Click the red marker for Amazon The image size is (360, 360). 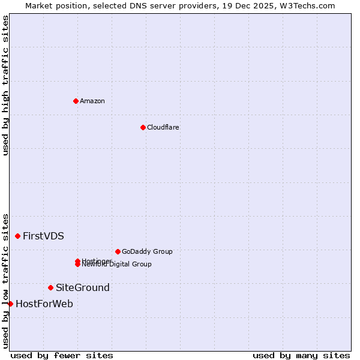(76, 101)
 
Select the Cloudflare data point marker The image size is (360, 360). (143, 127)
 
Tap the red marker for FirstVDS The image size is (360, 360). (18, 236)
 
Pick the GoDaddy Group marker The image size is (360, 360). (118, 251)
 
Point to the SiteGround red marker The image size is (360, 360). (50, 287)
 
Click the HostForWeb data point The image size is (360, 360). (10, 304)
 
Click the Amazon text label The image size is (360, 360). (92, 101)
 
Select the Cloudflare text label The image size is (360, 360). (163, 127)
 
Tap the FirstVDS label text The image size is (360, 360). (43, 236)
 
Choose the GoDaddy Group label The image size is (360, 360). (147, 251)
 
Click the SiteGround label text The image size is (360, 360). (83, 287)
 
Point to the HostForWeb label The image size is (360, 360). (44, 304)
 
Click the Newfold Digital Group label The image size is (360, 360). (118, 265)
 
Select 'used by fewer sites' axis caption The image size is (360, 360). (62, 355)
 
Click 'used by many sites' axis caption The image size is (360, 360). (301, 355)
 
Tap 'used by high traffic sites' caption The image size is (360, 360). (5, 85)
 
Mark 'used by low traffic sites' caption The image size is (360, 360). (5, 280)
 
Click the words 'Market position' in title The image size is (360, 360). (53, 5)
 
